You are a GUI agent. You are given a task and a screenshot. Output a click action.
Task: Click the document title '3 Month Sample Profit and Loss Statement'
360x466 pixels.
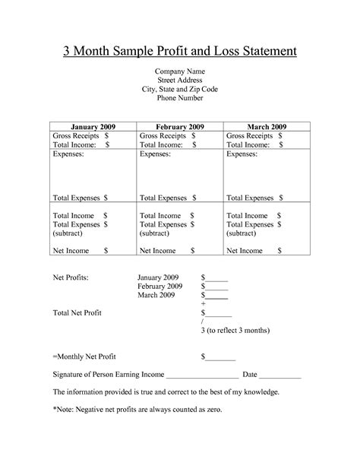(x=179, y=52)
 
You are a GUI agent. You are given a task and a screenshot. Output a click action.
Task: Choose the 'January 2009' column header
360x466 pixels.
(x=93, y=125)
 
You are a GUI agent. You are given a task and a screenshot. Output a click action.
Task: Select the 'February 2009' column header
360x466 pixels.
(x=179, y=125)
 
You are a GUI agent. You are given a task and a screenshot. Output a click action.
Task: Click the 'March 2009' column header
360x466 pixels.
(x=267, y=125)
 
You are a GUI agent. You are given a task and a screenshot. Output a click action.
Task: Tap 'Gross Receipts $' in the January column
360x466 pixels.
(x=81, y=135)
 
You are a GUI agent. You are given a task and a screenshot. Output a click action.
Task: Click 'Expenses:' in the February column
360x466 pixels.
(x=156, y=154)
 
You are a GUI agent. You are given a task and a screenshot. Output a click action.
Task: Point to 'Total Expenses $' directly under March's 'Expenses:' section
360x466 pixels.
(x=254, y=197)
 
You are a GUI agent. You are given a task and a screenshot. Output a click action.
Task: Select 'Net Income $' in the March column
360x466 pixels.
(x=254, y=250)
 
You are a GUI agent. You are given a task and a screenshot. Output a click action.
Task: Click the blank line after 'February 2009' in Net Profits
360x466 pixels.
(x=217, y=287)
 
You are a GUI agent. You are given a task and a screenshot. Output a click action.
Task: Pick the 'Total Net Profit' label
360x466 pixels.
(x=77, y=312)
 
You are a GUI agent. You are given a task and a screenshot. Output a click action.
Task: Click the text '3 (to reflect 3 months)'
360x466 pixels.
(x=235, y=331)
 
